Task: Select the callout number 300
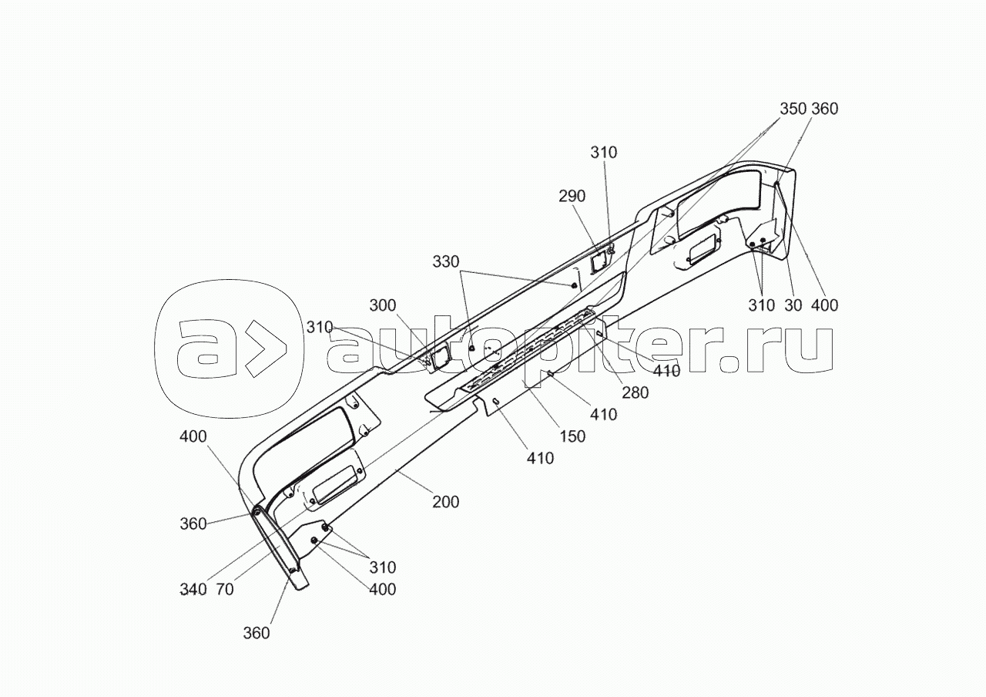click(x=382, y=305)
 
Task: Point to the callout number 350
click(x=793, y=109)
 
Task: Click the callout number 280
click(x=636, y=392)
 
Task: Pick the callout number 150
click(x=572, y=436)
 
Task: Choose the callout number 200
click(x=445, y=502)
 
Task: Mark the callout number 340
click(x=193, y=590)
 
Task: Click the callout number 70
click(x=225, y=590)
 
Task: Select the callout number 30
click(x=793, y=305)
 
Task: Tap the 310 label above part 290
click(x=604, y=153)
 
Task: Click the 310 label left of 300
click(x=320, y=327)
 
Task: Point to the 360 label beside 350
click(x=824, y=109)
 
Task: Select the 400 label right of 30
click(x=824, y=305)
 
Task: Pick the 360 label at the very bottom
click(x=257, y=633)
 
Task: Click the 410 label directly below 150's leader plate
click(x=540, y=459)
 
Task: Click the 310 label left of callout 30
click(x=761, y=305)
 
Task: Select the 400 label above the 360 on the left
click(x=193, y=436)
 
